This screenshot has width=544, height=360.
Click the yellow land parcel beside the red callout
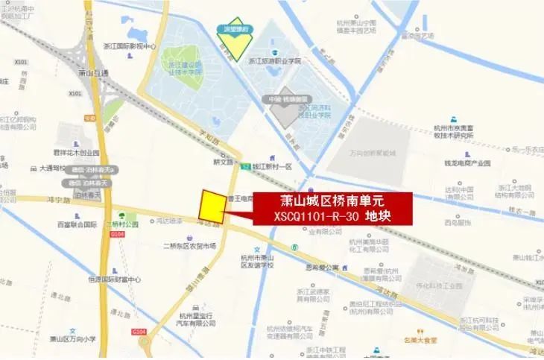(212, 206)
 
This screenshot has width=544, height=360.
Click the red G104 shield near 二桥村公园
(96, 234)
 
